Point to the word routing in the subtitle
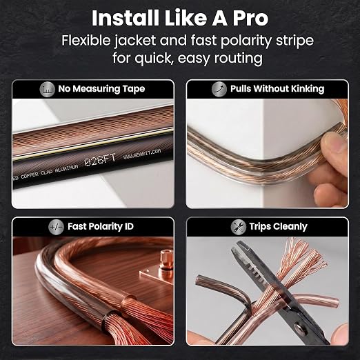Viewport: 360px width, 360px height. click(239, 59)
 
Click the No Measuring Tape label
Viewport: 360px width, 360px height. click(101, 89)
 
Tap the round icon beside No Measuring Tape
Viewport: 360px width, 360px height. click(47, 89)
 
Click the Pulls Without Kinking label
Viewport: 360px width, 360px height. click(277, 89)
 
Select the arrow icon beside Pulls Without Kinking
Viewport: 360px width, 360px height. click(219, 89)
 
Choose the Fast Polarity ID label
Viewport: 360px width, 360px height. click(101, 227)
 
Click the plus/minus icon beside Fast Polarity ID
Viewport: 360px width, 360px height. click(57, 227)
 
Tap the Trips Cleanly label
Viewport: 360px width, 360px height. click(278, 227)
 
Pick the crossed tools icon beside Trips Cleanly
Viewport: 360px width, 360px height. click(239, 227)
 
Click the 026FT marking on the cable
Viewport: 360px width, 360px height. click(100, 159)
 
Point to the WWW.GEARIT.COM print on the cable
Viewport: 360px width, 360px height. click(142, 154)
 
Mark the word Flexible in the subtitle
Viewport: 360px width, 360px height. click(86, 41)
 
